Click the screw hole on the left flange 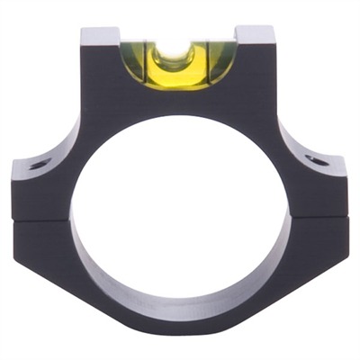39,165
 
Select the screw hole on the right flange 317,161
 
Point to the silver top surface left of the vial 100,36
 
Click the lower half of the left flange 40,238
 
